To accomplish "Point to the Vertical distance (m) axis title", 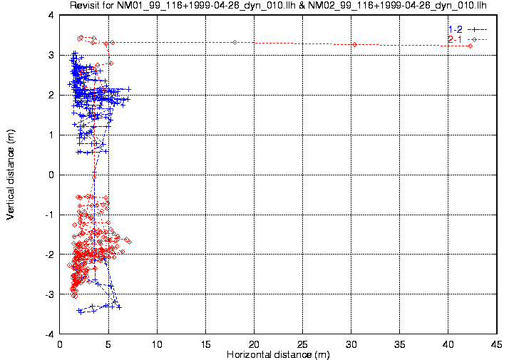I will coord(11,174).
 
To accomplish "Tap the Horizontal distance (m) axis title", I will coord(278,354).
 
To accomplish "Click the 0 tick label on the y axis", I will coord(51,175).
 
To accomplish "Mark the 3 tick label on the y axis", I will coord(51,55).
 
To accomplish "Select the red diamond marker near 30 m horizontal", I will coord(354,45).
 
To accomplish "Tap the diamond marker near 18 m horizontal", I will coord(235,43).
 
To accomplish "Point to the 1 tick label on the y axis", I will coord(51,135).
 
